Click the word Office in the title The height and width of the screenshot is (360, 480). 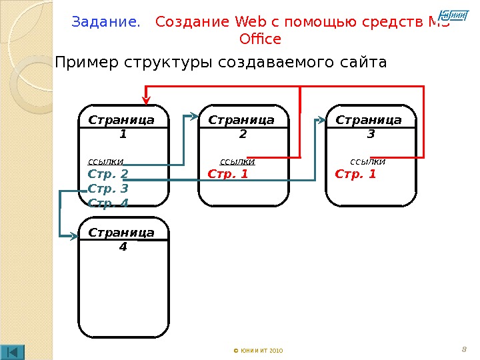pyautogui.click(x=259, y=39)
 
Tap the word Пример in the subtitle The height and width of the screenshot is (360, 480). pyautogui.click(x=83, y=63)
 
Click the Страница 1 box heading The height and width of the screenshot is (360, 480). pyautogui.click(x=121, y=126)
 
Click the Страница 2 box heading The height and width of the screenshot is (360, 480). pyautogui.click(x=242, y=126)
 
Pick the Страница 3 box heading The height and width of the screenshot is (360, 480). pyautogui.click(x=369, y=126)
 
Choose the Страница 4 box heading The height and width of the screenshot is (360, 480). pyautogui.click(x=121, y=239)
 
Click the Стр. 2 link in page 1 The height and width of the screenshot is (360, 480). pyautogui.click(x=108, y=175)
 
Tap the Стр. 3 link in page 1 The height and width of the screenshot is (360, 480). pyautogui.click(x=108, y=189)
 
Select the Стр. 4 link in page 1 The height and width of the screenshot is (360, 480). pyautogui.click(x=108, y=203)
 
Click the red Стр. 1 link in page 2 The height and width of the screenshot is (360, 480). pyautogui.click(x=228, y=175)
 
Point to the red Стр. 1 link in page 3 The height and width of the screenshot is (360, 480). pyautogui.click(x=355, y=175)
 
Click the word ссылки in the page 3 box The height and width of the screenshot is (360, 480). pyautogui.click(x=367, y=161)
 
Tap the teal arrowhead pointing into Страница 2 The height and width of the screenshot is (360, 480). pyautogui.click(x=195, y=117)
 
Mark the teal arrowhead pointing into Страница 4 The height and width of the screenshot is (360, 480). pyautogui.click(x=74, y=235)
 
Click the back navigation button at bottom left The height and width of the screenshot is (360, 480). pyautogui.click(x=13, y=351)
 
